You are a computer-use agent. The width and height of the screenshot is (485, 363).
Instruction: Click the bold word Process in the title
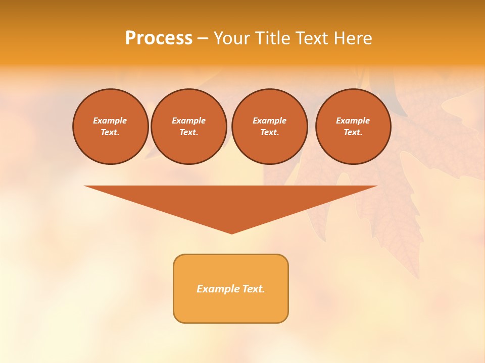pyautogui.click(x=159, y=38)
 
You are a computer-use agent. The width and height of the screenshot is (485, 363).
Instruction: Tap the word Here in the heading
pyautogui.click(x=353, y=38)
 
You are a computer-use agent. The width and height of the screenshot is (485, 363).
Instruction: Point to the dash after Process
pyautogui.click(x=203, y=39)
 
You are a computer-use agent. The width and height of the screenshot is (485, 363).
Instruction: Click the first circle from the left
pyautogui.click(x=111, y=127)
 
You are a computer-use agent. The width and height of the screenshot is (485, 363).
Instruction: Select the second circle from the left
pyautogui.click(x=189, y=127)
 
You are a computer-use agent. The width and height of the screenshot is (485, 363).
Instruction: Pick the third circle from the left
pyautogui.click(x=270, y=127)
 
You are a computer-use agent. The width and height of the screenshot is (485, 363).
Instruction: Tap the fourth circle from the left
pyautogui.click(x=353, y=127)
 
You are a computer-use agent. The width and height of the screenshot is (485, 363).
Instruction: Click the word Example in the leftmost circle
pyautogui.click(x=110, y=120)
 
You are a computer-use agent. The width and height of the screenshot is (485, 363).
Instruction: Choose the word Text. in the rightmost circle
pyautogui.click(x=353, y=133)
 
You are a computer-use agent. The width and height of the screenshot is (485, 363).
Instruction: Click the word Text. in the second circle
pyautogui.click(x=189, y=133)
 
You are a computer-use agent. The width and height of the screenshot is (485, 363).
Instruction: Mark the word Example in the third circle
pyautogui.click(x=270, y=120)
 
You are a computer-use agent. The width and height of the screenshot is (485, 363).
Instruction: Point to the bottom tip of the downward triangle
pyautogui.click(x=232, y=233)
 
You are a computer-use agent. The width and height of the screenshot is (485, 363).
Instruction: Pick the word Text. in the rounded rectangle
pyautogui.click(x=254, y=289)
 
